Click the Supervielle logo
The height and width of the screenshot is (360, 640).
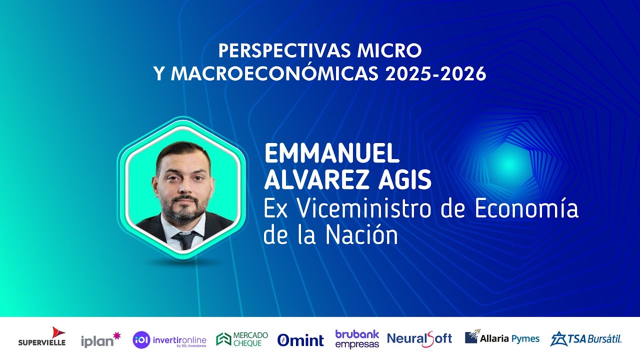[x=42, y=337]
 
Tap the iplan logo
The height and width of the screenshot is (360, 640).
[x=100, y=339]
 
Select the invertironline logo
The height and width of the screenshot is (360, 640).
[x=169, y=339]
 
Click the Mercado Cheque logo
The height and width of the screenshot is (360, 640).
[x=242, y=339]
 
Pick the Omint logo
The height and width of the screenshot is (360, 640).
[x=300, y=340]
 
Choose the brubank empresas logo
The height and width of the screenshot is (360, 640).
[x=357, y=339]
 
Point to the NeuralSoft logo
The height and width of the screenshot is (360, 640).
[x=419, y=339]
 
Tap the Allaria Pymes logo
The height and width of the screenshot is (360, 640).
[x=502, y=338]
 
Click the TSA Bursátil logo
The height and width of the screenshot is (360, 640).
[x=585, y=338]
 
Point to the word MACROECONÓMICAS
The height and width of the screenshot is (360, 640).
[x=273, y=74]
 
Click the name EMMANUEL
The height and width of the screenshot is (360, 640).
[x=331, y=154]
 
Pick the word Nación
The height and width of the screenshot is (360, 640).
[x=362, y=235]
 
